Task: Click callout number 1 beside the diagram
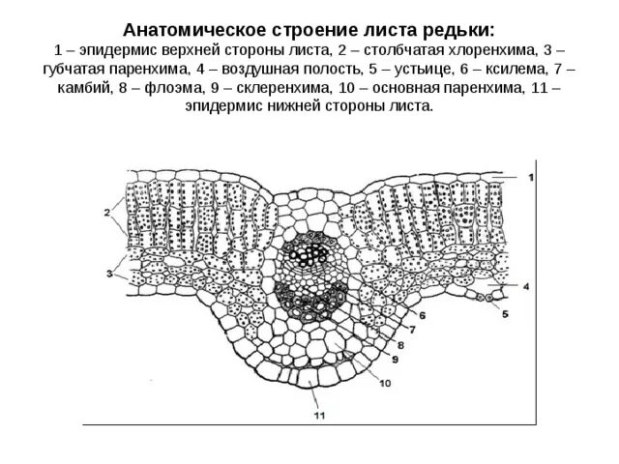coord(531,177)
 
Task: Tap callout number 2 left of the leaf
coord(105,212)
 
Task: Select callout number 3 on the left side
coord(110,275)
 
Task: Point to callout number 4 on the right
coord(525,287)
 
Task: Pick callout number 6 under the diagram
coord(424,315)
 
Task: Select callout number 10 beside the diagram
coord(384,383)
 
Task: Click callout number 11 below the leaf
coord(318,417)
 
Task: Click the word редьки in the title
coord(465,30)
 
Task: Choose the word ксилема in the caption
coord(504,68)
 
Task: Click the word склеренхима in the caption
coord(280,87)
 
